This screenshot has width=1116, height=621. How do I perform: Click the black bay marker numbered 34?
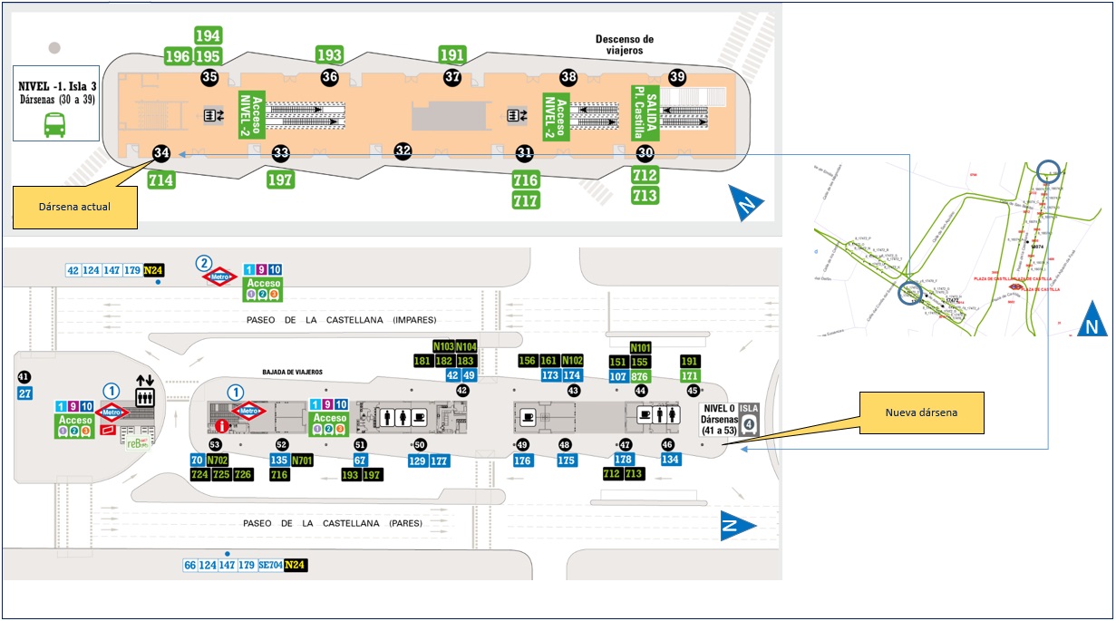[161, 152]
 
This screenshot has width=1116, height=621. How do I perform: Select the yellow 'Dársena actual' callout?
[74, 207]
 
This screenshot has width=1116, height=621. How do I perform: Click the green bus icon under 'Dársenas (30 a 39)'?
[54, 124]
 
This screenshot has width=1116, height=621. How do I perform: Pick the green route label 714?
[161, 180]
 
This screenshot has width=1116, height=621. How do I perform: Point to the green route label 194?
[209, 35]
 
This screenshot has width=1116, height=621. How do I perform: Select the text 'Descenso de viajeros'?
[624, 44]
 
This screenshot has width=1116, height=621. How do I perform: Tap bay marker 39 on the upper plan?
[677, 76]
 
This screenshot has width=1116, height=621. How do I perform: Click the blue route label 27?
[25, 393]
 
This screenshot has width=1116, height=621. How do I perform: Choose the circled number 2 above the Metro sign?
[204, 263]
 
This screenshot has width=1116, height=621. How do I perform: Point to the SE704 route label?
[269, 565]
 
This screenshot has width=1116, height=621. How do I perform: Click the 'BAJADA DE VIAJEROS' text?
[293, 373]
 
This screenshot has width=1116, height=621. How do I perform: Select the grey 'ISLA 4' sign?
[748, 420]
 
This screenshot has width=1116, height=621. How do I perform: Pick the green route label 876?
[640, 376]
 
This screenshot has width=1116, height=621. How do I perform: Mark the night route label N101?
[640, 347]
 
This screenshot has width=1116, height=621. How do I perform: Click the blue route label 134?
[670, 460]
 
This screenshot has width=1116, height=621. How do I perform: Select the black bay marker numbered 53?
[215, 444]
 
